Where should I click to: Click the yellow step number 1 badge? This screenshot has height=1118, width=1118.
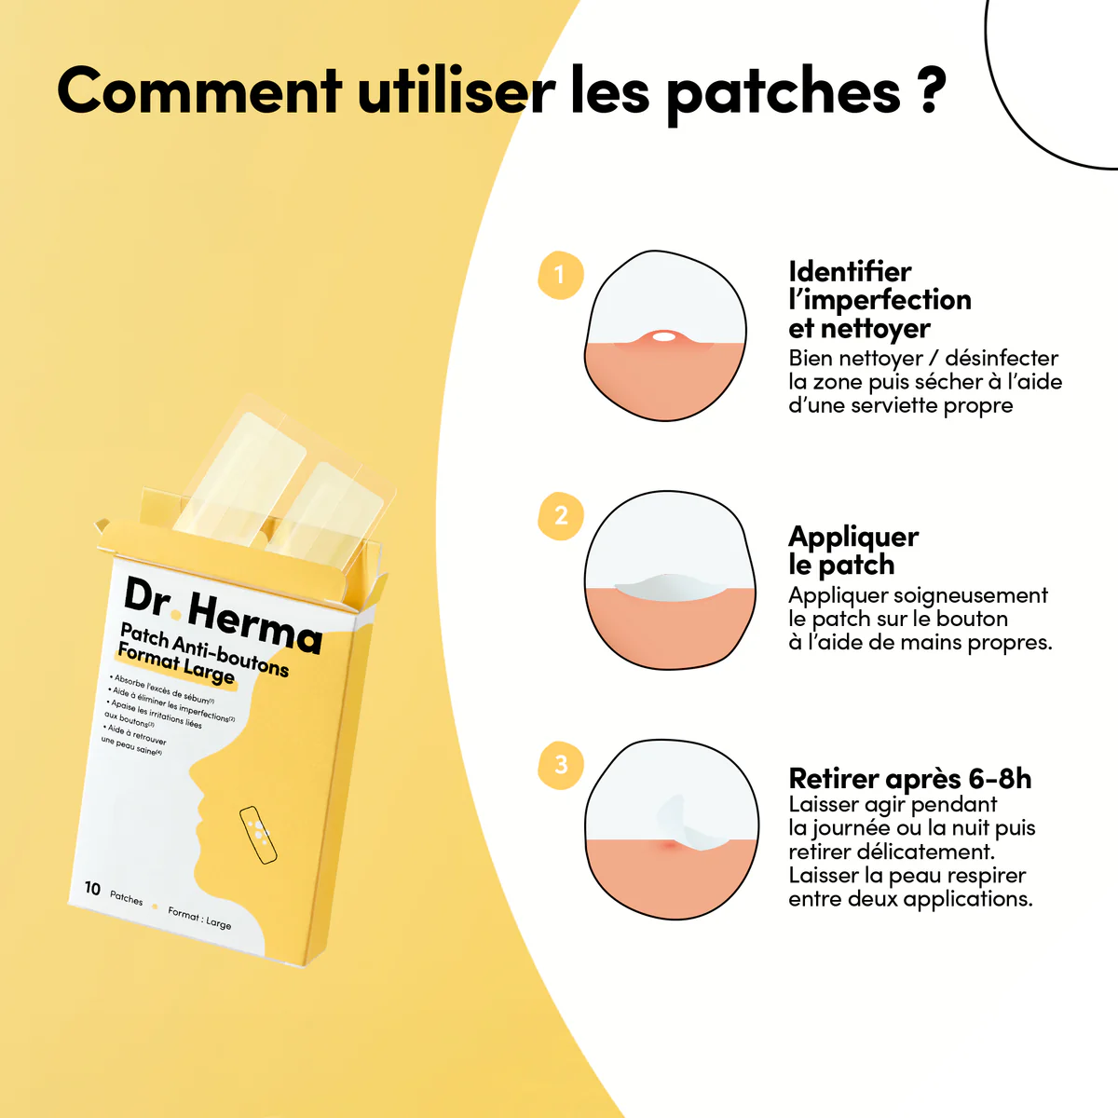tap(560, 275)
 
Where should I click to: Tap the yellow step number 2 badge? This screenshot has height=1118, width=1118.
tap(561, 515)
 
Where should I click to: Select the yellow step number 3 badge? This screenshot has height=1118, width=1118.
tap(561, 765)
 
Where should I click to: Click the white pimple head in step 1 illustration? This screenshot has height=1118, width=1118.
tap(663, 336)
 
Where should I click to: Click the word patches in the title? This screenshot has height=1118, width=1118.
tap(783, 93)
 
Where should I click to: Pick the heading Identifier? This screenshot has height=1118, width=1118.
tap(850, 272)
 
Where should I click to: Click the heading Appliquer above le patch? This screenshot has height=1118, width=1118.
tap(853, 537)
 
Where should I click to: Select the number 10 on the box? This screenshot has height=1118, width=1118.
tap(92, 888)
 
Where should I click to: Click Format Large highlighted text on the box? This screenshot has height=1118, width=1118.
tap(176, 663)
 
